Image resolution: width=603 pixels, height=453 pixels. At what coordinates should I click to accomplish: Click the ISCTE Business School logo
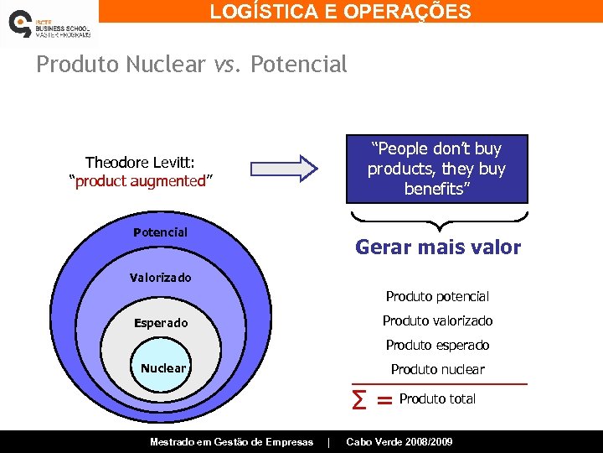(49, 23)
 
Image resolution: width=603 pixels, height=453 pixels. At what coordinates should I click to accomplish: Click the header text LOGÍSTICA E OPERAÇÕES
(340, 12)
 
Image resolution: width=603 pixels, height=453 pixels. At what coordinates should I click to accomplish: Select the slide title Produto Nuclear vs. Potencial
(191, 65)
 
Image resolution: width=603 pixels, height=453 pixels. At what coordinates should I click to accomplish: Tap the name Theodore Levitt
(139, 163)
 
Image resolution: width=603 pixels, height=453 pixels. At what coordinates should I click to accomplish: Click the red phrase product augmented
(141, 181)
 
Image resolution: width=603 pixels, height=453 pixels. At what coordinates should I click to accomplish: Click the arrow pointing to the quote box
(285, 168)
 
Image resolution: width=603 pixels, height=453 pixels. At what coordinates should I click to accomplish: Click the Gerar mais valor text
(438, 247)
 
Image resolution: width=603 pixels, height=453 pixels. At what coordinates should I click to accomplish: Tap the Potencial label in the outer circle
(160, 232)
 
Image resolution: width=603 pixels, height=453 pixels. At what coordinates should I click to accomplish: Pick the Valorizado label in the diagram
(160, 278)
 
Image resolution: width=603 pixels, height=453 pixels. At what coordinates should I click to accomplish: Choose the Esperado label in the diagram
(161, 323)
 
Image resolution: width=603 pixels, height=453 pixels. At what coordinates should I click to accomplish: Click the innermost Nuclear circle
(163, 368)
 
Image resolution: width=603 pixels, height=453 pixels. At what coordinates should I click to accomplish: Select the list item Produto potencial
(437, 296)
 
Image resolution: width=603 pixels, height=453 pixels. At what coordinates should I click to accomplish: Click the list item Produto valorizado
(437, 320)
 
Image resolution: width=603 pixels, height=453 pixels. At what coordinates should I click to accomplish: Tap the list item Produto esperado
(437, 345)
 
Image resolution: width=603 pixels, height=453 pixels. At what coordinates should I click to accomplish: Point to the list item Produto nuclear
(437, 369)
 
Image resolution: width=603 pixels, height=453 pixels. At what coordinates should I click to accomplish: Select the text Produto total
(437, 399)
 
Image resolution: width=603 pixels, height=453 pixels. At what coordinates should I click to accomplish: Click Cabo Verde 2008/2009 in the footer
(399, 441)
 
